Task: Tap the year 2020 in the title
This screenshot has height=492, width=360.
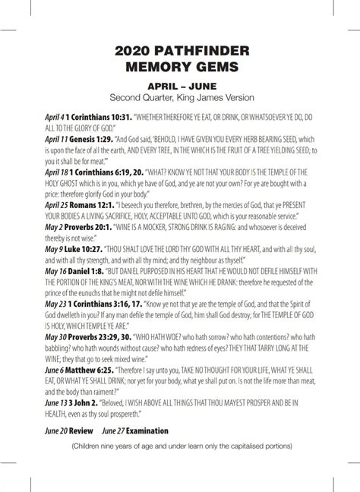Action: [134, 50]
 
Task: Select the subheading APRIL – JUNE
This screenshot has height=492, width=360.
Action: [181, 87]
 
